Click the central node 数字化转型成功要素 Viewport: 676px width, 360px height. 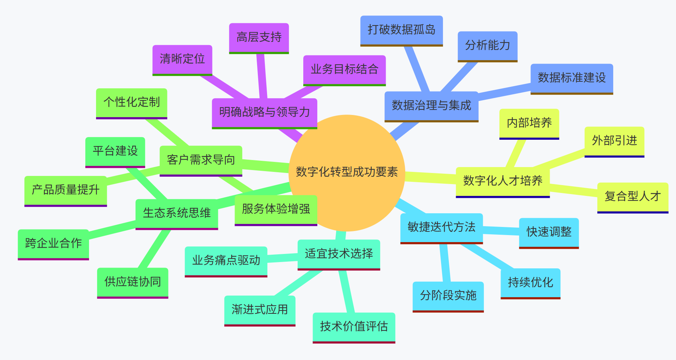pyautogui.click(x=346, y=172)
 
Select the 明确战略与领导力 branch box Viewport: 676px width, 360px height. pyautogui.click(x=264, y=112)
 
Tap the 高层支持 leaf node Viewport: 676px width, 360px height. pyautogui.click(x=259, y=37)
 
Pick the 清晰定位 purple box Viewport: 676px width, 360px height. pyautogui.click(x=182, y=59)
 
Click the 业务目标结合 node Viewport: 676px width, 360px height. pyautogui.click(x=344, y=69)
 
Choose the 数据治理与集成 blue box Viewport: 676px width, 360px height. pyautogui.click(x=431, y=106)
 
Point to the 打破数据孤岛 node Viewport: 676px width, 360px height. pyautogui.click(x=401, y=30)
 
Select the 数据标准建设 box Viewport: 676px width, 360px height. pyautogui.click(x=571, y=78)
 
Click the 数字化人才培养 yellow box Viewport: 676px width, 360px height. pyautogui.click(x=502, y=181)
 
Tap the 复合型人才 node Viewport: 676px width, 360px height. pyautogui.click(x=632, y=197)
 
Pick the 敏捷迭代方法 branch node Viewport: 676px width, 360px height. pyautogui.click(x=441, y=227)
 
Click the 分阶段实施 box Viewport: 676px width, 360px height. pyautogui.click(x=448, y=296)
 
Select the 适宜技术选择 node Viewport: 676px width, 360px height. pyautogui.click(x=339, y=254)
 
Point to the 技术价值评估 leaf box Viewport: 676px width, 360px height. pyautogui.click(x=354, y=327)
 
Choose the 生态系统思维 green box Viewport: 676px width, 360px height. pyautogui.click(x=177, y=213)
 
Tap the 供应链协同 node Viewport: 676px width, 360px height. pyautogui.click(x=133, y=282)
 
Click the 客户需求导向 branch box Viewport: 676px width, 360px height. pyautogui.click(x=201, y=160)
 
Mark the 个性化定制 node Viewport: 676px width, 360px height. pyautogui.click(x=132, y=102)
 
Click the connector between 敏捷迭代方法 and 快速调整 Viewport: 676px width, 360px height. pyautogui.click(x=501, y=231)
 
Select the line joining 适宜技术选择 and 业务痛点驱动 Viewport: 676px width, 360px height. pyautogui.click(x=282, y=258)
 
